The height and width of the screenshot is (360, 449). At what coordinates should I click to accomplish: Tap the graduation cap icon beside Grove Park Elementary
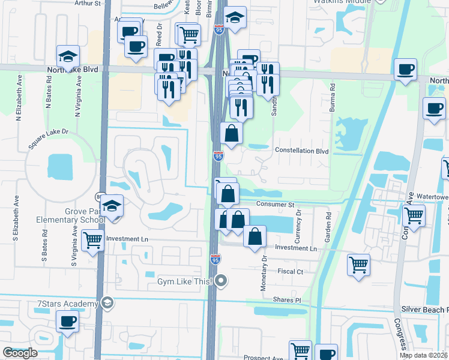(x=112, y=206)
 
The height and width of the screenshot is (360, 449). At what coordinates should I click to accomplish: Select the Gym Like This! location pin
(x=222, y=280)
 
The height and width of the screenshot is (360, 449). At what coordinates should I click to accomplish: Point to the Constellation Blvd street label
(x=301, y=151)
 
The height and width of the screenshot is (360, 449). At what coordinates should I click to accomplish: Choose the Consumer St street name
(x=274, y=205)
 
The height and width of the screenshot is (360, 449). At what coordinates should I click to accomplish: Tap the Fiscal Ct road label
(x=291, y=272)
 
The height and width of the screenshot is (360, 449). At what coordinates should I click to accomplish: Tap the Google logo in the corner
(x=20, y=353)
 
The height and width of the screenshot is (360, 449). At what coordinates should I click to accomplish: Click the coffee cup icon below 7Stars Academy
(x=67, y=322)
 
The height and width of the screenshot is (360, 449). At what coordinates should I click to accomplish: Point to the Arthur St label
(x=88, y=3)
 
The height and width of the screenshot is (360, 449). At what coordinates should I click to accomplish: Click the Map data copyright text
(x=423, y=355)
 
